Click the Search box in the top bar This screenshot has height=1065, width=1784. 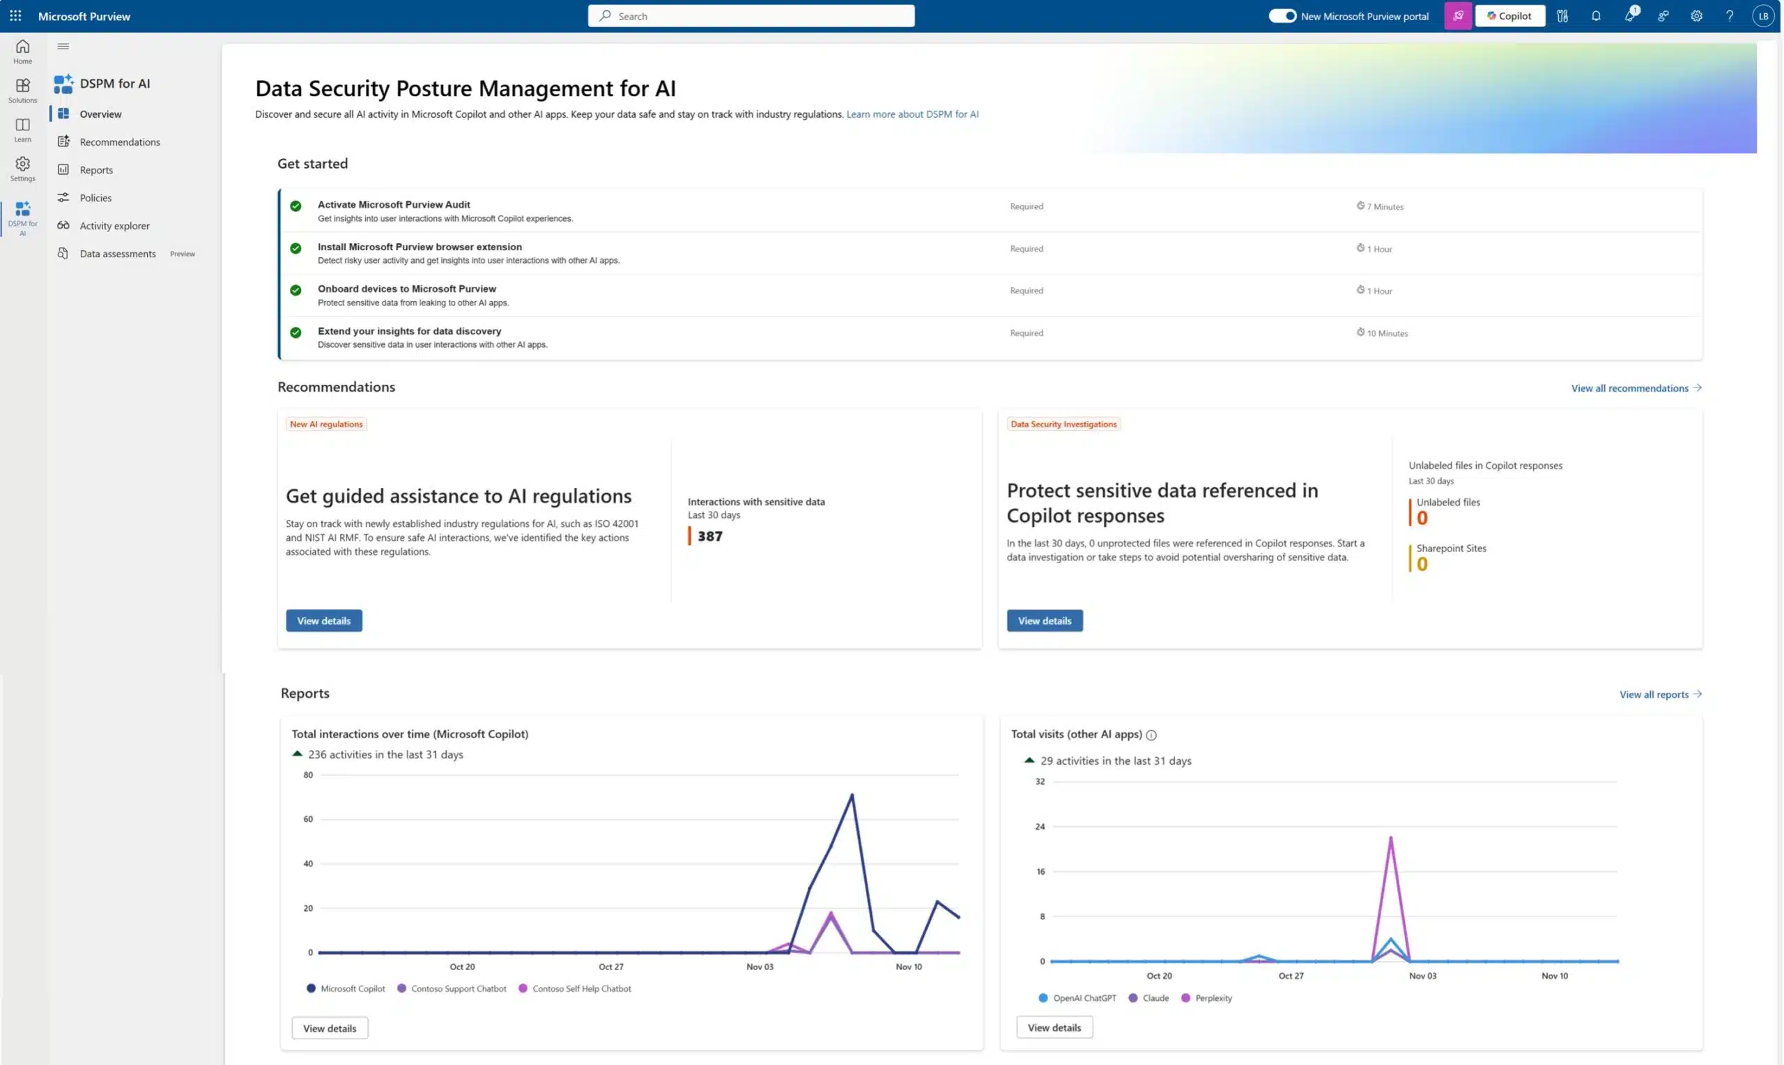click(x=751, y=16)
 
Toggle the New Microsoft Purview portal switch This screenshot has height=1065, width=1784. click(x=1282, y=16)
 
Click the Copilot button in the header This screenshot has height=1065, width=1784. click(x=1509, y=16)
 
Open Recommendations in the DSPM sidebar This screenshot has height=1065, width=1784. click(x=119, y=142)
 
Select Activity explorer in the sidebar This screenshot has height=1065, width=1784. click(x=114, y=225)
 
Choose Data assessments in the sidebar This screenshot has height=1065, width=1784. click(x=117, y=253)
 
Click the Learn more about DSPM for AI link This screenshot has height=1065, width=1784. click(x=912, y=114)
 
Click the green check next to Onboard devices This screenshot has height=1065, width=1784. click(x=295, y=291)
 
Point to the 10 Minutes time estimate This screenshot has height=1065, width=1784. click(x=1386, y=333)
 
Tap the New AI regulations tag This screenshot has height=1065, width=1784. click(x=325, y=424)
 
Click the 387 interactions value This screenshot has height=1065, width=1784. click(x=709, y=536)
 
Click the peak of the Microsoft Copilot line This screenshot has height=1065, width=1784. click(x=852, y=795)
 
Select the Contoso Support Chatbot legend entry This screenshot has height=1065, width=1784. click(x=458, y=988)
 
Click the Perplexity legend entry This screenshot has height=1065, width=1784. click(x=1213, y=997)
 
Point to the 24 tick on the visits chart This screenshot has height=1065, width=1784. click(x=1040, y=827)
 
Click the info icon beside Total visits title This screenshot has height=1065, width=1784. click(x=1151, y=735)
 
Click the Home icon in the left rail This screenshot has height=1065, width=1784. click(x=22, y=51)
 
